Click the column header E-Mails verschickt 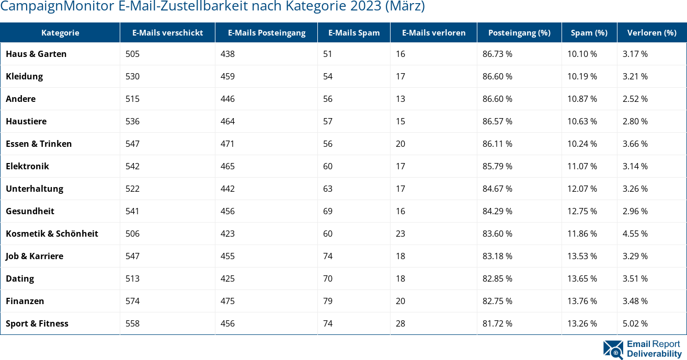pos(167,32)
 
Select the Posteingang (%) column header pos(519,32)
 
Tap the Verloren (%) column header pos(651,32)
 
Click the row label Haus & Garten pos(36,54)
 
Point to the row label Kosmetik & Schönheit pos(52,234)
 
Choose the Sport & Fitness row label pos(37,323)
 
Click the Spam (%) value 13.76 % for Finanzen pos(582,301)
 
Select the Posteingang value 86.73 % pos(497,54)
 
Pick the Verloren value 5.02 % pos(635,323)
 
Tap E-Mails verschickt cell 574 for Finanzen pos(133,301)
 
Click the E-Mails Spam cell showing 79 pos(328,301)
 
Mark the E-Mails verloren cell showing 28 pos(400,323)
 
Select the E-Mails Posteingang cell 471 pos(227,144)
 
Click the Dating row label pos(20,278)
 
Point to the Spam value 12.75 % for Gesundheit pos(582,211)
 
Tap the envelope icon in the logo pos(613,350)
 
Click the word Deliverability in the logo pos(654,354)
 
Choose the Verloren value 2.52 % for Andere pos(635,99)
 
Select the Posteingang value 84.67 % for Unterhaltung pos(497,189)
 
